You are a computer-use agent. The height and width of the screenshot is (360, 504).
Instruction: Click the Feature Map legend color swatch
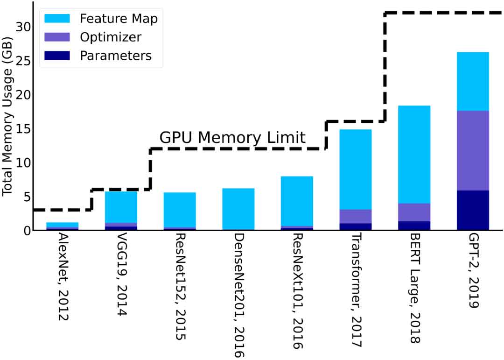click(x=57, y=18)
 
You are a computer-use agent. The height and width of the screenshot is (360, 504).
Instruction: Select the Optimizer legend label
click(x=111, y=37)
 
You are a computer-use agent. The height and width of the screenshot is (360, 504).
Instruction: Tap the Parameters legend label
click(x=116, y=56)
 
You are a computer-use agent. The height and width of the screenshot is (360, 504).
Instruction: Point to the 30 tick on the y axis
click(x=23, y=27)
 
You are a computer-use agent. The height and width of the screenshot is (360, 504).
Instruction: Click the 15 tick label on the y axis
click(x=23, y=129)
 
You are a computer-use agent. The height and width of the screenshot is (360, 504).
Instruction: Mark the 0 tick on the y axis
click(x=28, y=230)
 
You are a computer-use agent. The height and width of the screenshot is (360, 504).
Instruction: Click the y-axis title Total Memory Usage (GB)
click(x=7, y=116)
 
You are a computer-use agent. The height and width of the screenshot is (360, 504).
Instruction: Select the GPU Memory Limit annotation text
click(x=232, y=137)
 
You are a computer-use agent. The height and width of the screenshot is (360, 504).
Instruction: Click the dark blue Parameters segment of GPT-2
click(x=473, y=211)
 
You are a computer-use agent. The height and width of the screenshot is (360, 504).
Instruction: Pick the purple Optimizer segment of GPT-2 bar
click(x=473, y=150)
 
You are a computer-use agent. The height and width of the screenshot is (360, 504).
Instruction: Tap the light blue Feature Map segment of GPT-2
click(x=473, y=82)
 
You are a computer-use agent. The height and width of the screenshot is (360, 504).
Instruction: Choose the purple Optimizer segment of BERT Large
click(x=414, y=212)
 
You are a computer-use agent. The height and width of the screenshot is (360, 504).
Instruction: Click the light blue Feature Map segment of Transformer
click(x=356, y=169)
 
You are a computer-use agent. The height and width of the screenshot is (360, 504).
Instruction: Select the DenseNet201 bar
click(x=238, y=209)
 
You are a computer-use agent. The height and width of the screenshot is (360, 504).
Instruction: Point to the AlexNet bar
click(x=63, y=226)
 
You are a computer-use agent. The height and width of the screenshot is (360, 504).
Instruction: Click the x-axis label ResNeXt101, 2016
click(x=298, y=291)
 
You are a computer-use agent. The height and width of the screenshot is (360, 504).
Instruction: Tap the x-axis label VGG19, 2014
click(x=122, y=275)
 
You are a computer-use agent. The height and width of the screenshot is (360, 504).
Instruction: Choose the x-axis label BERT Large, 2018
click(x=415, y=288)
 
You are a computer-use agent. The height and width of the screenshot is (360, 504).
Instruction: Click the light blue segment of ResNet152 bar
click(x=180, y=210)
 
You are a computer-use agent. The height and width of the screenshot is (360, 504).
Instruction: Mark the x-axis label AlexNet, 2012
click(x=63, y=277)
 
